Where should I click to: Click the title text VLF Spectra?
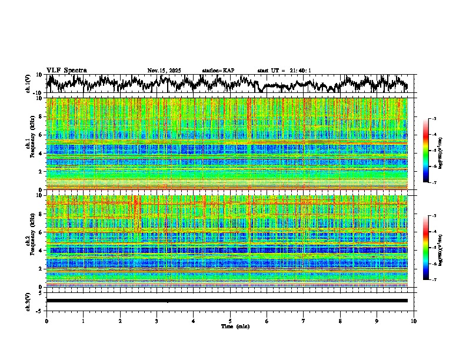(x=66, y=70)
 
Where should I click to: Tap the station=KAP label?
(x=218, y=71)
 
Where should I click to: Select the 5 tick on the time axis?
(x=230, y=321)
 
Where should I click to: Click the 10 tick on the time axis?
(x=414, y=321)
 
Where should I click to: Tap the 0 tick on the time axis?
(x=46, y=321)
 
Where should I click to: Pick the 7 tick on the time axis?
(x=304, y=321)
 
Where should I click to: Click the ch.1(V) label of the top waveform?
(x=28, y=84)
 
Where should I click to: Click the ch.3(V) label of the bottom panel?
(x=28, y=301)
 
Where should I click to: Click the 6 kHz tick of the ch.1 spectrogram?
(x=41, y=135)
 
